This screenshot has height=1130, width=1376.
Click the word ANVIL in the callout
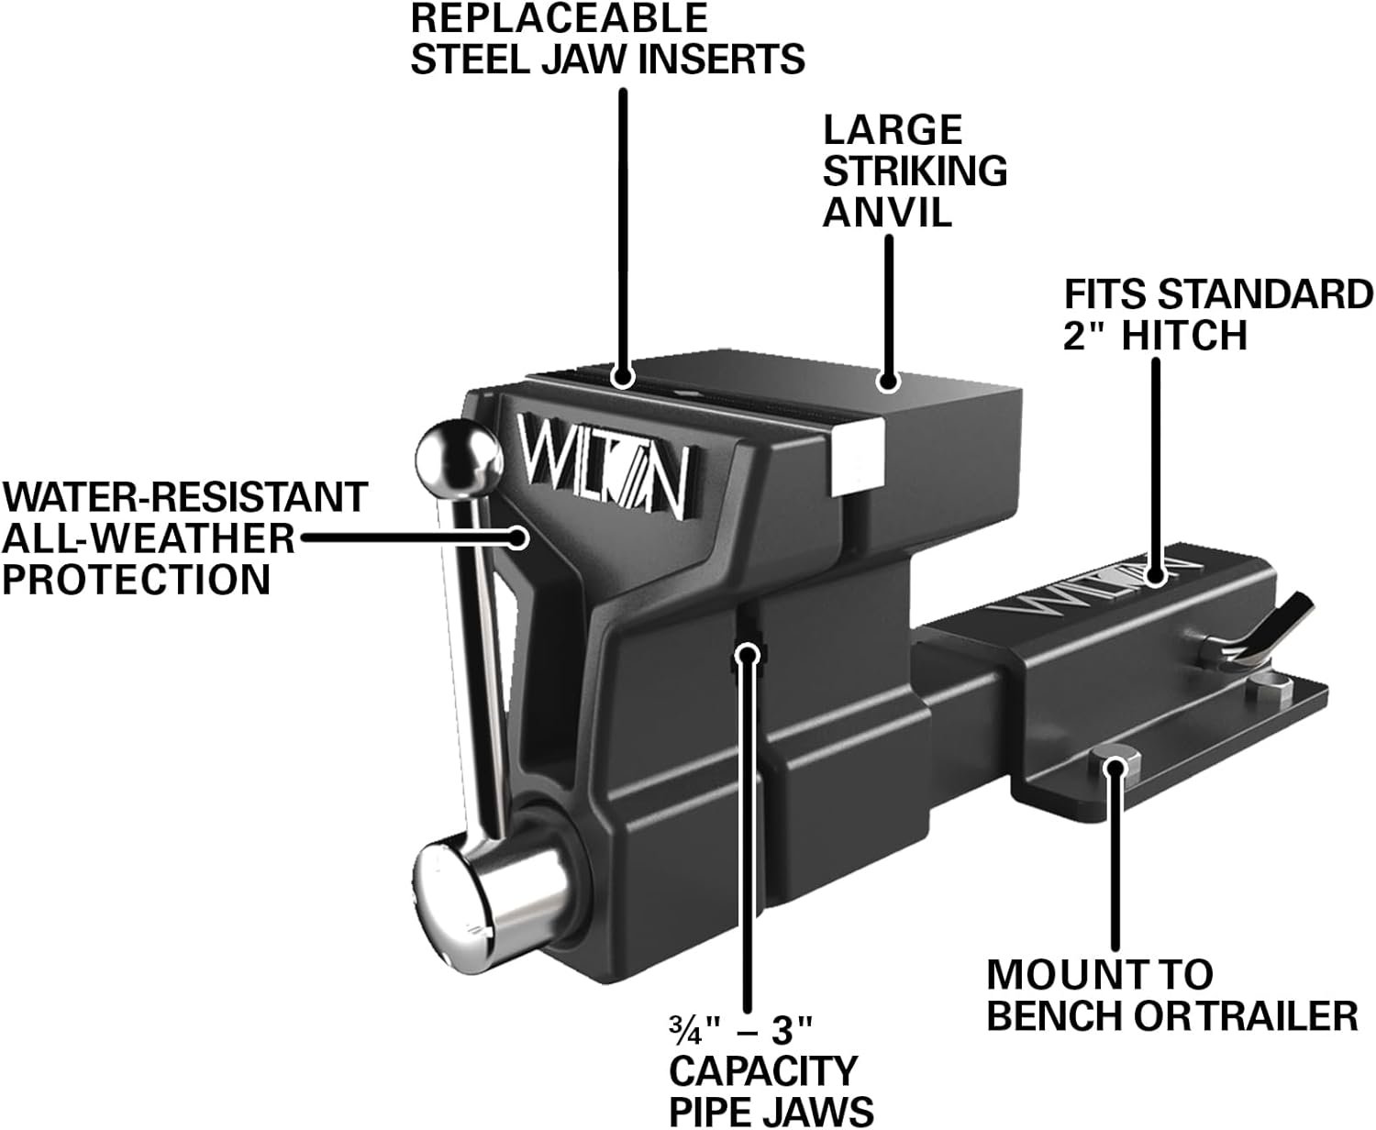coord(886,212)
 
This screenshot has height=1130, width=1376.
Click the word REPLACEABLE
coord(559,18)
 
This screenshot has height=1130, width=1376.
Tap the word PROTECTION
coord(136,579)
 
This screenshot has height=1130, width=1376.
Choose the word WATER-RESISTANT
coord(183,497)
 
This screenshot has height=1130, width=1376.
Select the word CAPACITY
coord(763,1070)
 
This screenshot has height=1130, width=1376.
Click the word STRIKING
coord(915,171)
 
